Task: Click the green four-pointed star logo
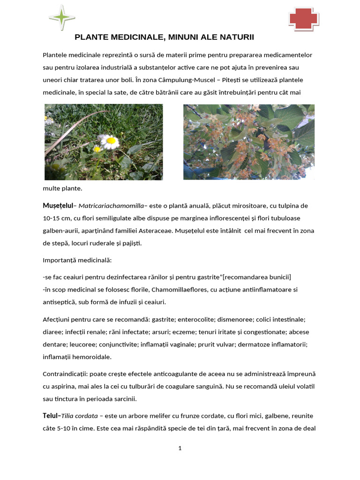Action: [x=62, y=17]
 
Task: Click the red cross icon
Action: [x=303, y=20]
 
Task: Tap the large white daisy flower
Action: [x=111, y=141]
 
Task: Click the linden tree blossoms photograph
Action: [x=248, y=142]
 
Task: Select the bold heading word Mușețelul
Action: [x=59, y=206]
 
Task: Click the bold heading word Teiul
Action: [x=50, y=416]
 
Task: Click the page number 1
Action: [x=180, y=448]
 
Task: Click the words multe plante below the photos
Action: [x=62, y=188]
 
